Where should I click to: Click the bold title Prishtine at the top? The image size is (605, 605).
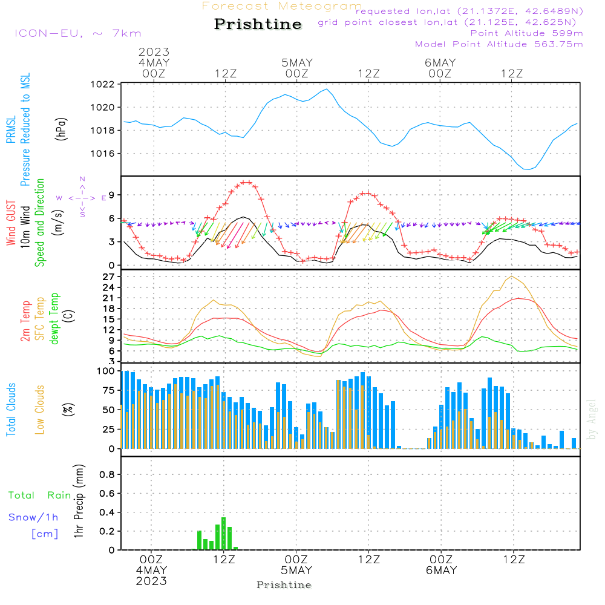[x=258, y=24]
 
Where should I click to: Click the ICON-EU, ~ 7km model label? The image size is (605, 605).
[x=77, y=33]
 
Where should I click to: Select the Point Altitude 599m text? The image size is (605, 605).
[x=526, y=33]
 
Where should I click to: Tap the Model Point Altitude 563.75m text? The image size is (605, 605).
[x=499, y=44]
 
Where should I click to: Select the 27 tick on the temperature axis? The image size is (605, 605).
[x=109, y=276]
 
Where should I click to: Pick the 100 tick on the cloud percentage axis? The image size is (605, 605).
[x=106, y=370]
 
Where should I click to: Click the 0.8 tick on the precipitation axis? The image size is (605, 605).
[x=107, y=474]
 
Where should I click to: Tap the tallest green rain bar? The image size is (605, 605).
[x=224, y=533]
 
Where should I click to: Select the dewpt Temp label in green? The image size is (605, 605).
[x=54, y=319]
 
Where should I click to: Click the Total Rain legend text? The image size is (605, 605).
[x=40, y=495]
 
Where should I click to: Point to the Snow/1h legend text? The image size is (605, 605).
[x=34, y=517]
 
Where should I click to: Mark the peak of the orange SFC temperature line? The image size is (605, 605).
[x=512, y=276]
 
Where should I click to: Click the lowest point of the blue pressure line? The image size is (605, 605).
[x=527, y=169]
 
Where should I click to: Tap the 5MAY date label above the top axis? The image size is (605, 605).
[x=296, y=62]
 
